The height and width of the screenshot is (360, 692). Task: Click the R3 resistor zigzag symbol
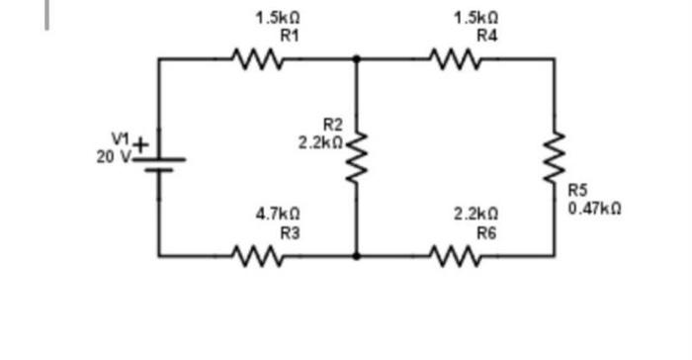pos(258,255)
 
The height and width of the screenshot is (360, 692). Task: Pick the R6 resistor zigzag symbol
pos(456,255)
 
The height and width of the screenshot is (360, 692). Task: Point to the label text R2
pos(332,124)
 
